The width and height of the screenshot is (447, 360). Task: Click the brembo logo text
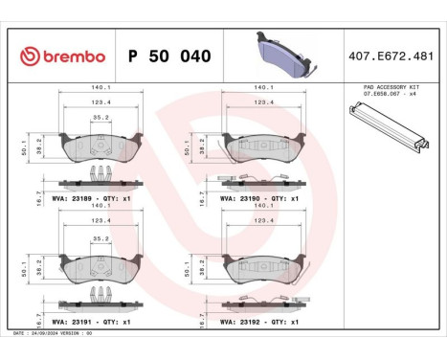(66, 56)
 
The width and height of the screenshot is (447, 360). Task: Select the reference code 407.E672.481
(391, 56)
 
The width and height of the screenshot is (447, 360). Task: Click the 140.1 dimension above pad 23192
(265, 204)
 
